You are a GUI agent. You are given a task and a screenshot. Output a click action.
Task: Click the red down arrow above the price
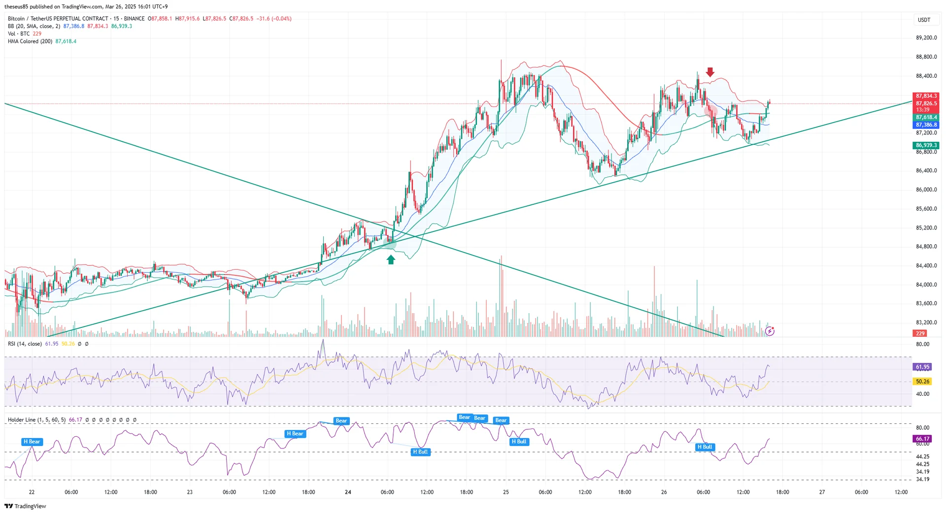(x=709, y=72)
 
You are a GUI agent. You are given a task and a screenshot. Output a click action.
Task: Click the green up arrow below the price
(x=391, y=259)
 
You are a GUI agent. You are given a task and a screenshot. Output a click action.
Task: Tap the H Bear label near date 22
(x=32, y=442)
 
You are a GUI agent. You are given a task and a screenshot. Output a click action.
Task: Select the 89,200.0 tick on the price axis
(x=926, y=38)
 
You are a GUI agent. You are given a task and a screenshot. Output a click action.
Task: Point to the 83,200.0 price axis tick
(x=926, y=322)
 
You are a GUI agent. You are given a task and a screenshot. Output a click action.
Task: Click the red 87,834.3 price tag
(x=926, y=96)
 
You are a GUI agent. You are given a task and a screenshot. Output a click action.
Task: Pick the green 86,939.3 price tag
(x=926, y=145)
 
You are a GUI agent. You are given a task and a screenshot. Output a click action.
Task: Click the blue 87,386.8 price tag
(x=926, y=125)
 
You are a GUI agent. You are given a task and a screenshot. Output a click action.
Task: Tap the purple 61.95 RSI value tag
(x=922, y=367)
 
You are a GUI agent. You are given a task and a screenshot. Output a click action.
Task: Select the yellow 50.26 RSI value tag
(x=922, y=382)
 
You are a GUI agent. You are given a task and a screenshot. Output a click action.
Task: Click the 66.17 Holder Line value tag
(x=922, y=439)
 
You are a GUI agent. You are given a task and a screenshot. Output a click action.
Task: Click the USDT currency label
(x=924, y=20)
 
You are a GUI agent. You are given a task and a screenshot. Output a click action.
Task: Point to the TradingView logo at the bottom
(x=25, y=506)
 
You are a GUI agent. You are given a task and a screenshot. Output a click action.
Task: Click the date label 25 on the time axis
(x=506, y=492)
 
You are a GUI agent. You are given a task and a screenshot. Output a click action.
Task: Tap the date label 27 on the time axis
(x=822, y=492)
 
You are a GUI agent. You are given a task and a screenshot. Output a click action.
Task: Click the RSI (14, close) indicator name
(x=25, y=344)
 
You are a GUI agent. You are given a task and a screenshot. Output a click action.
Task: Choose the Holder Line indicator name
(x=22, y=420)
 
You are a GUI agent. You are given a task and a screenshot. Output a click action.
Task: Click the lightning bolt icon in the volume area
(x=770, y=331)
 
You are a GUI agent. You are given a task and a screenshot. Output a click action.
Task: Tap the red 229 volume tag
(x=920, y=333)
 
